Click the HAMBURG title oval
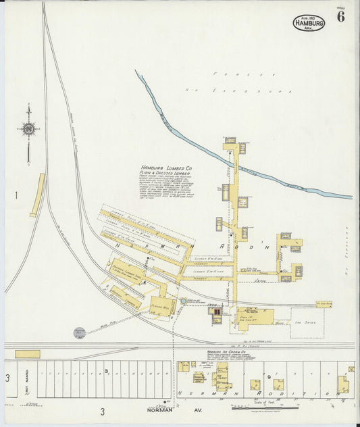(x=309, y=22)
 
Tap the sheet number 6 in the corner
(x=340, y=18)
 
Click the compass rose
(x=28, y=128)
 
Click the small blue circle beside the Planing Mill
(x=183, y=301)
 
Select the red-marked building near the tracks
(x=217, y=313)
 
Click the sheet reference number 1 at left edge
(x=16, y=196)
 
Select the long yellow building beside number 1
(x=38, y=195)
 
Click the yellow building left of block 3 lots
(x=27, y=354)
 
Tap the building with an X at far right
(x=351, y=370)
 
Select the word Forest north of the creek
(x=245, y=74)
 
